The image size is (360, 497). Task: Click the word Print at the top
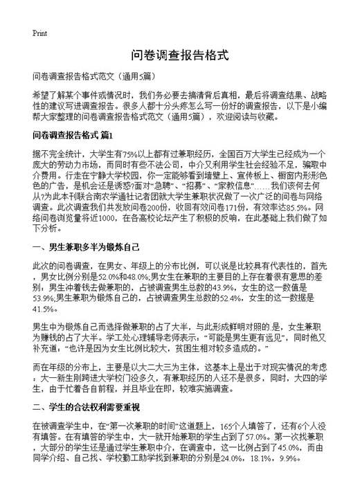click(39, 33)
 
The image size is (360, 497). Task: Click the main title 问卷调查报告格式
click(179, 56)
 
